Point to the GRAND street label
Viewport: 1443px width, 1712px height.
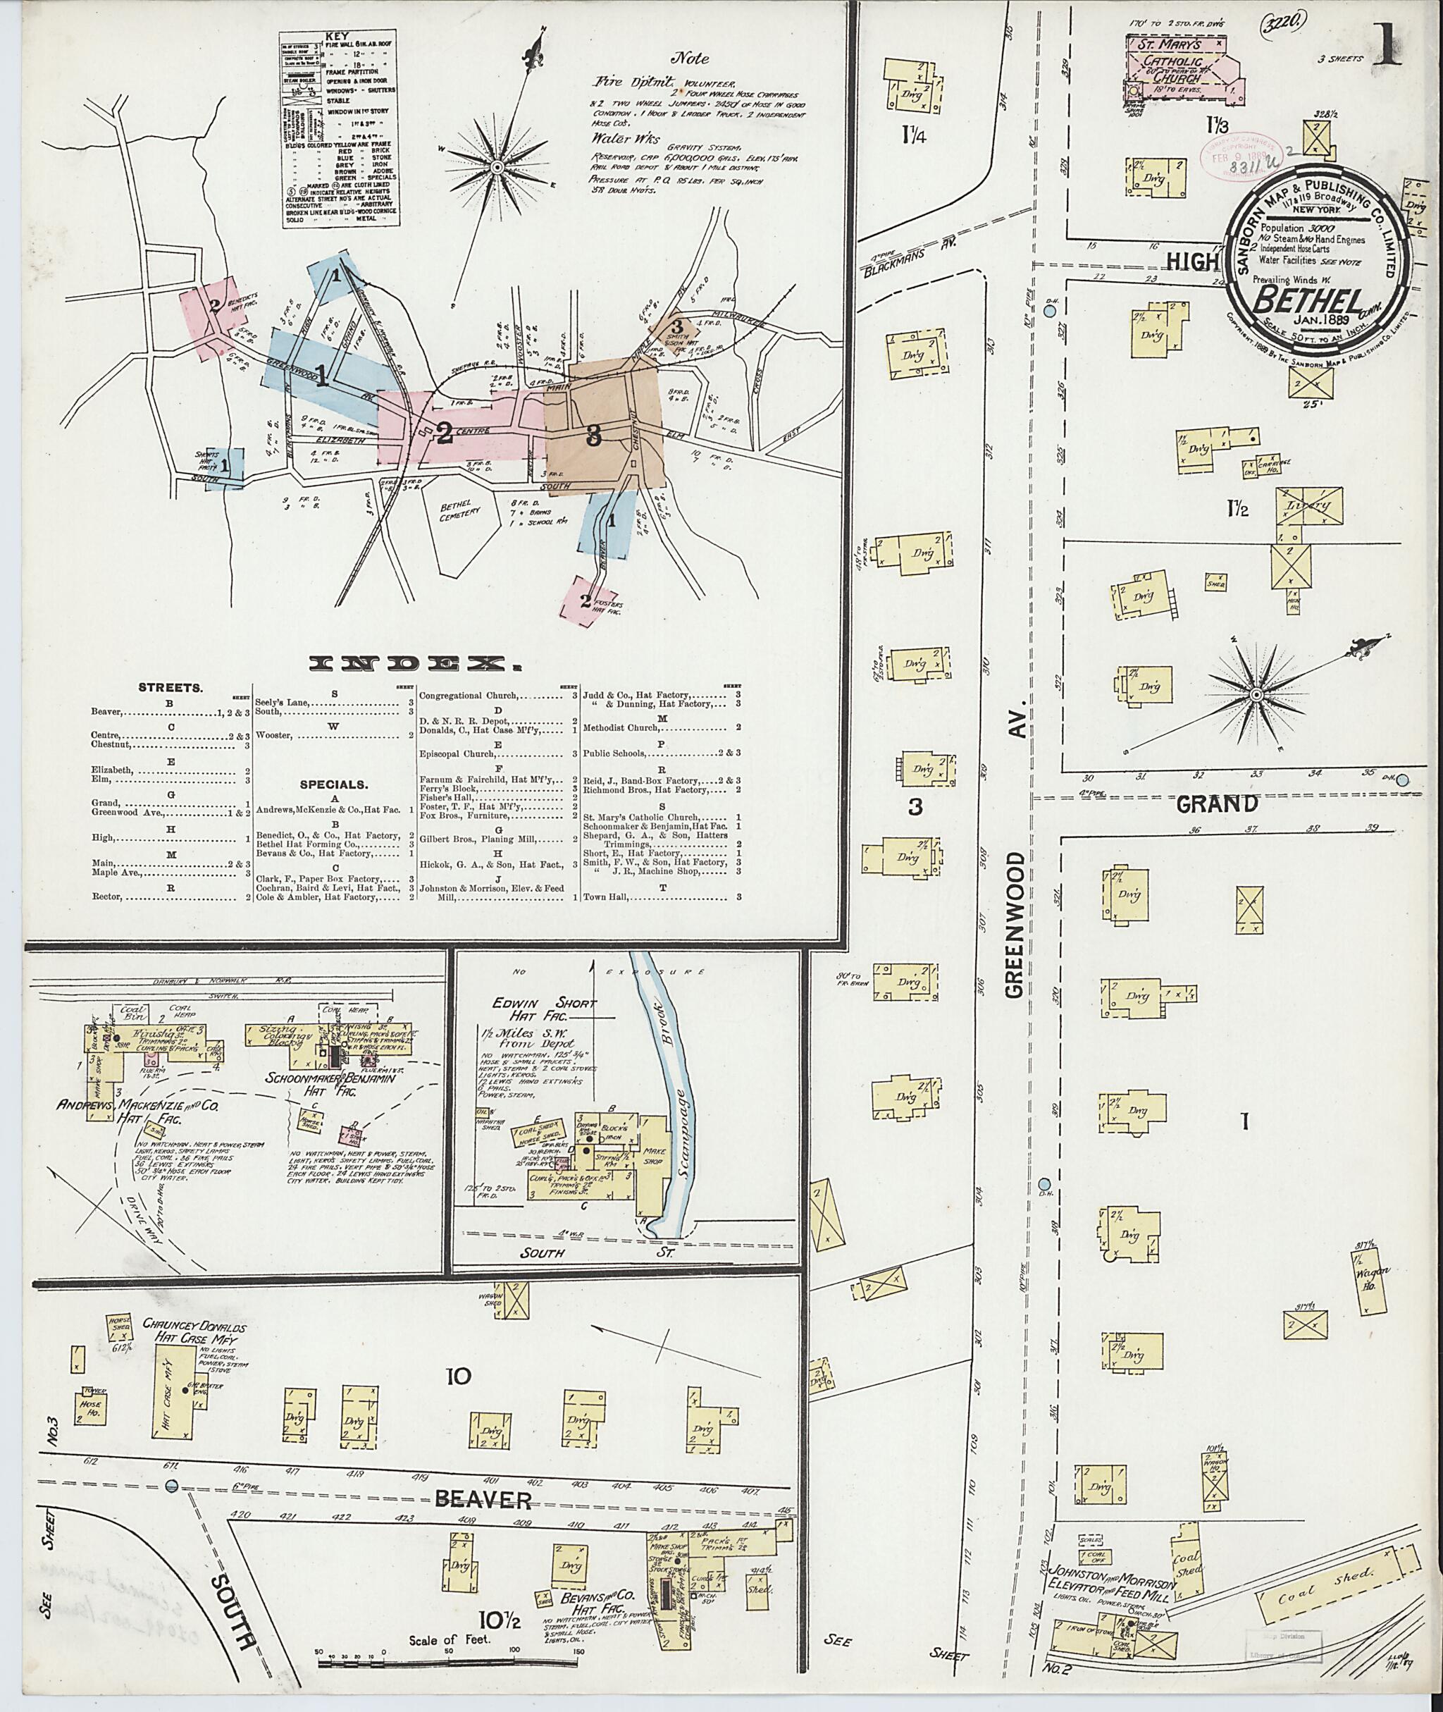point(1215,803)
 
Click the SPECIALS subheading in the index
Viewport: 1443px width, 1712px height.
point(333,784)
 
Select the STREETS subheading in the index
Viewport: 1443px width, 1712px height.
point(170,687)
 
